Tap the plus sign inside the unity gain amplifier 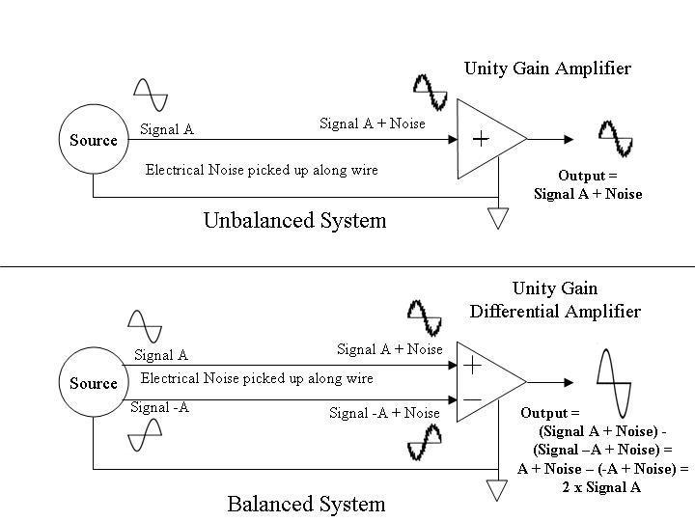click(481, 139)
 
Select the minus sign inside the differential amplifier click(472, 400)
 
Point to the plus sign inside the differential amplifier click(472, 366)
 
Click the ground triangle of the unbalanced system click(498, 218)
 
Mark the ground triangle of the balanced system click(497, 491)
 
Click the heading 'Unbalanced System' click(294, 220)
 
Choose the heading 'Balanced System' click(306, 505)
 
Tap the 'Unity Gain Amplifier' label click(548, 69)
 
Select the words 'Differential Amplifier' click(555, 311)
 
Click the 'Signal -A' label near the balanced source click(159, 407)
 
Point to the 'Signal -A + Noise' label click(384, 413)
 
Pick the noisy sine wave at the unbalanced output click(616, 138)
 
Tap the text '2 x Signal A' click(601, 487)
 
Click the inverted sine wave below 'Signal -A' click(145, 435)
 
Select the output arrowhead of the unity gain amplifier click(569, 139)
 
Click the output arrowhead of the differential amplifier click(569, 382)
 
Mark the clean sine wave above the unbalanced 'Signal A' click(151, 95)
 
